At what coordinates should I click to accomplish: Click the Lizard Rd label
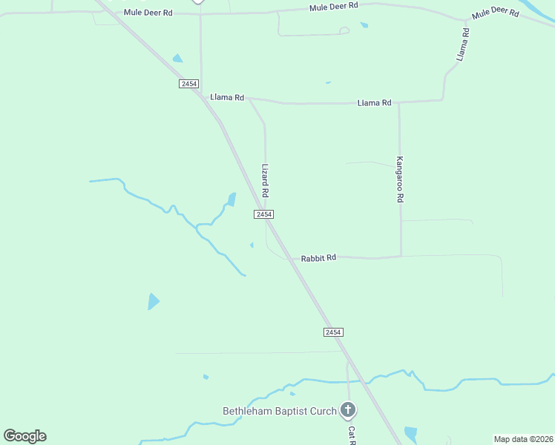(x=265, y=180)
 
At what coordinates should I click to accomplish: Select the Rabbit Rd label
(x=318, y=258)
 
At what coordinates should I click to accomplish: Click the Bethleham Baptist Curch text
(x=280, y=411)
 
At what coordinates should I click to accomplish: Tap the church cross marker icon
(x=347, y=409)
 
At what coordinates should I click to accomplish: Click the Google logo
(x=24, y=436)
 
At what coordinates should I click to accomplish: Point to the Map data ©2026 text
(x=523, y=439)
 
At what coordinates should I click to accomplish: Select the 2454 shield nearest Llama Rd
(x=188, y=84)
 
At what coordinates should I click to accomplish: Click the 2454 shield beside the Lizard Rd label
(x=264, y=214)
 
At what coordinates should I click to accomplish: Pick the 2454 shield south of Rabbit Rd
(x=333, y=332)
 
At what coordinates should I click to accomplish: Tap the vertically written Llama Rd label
(x=464, y=44)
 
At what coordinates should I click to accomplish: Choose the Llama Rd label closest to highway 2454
(x=227, y=97)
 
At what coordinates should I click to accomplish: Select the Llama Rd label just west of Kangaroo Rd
(x=374, y=102)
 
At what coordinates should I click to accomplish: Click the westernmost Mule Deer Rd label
(x=148, y=13)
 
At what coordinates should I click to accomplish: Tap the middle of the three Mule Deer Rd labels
(x=333, y=5)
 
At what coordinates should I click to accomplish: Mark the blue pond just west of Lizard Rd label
(x=231, y=199)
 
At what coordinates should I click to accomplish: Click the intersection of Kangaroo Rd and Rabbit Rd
(x=401, y=257)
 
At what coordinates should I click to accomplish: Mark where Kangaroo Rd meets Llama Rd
(x=399, y=102)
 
